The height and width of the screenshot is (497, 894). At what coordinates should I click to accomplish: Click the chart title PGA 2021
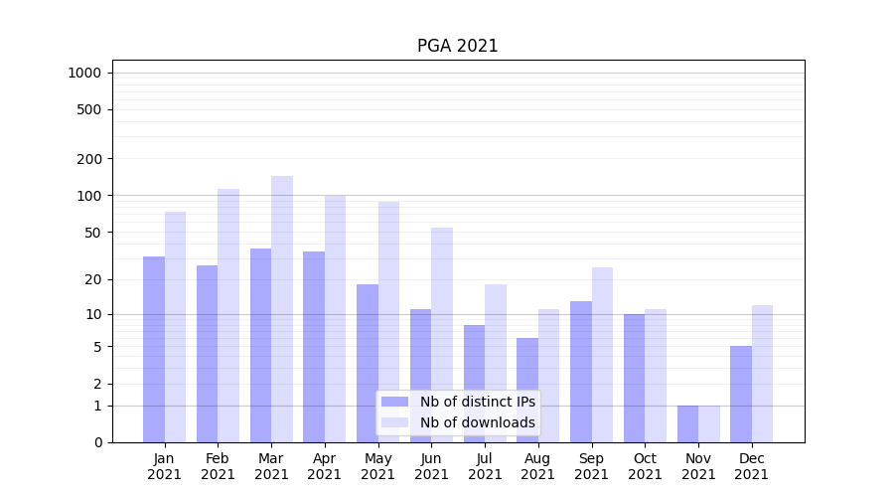tap(457, 46)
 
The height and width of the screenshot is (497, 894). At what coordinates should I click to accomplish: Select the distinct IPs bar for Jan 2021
tap(154, 349)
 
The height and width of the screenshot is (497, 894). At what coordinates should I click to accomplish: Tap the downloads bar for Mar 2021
tap(282, 309)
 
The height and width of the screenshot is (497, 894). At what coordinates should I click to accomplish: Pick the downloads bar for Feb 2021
tap(228, 315)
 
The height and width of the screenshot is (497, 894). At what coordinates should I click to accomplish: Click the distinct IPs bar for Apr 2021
tap(314, 347)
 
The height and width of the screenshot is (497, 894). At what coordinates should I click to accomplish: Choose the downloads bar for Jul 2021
tap(496, 363)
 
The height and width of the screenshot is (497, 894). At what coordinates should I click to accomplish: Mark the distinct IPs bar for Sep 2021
tap(581, 372)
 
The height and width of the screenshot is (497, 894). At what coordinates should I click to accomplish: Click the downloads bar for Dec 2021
tap(762, 374)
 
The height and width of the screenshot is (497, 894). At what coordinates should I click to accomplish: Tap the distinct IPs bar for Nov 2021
tap(687, 423)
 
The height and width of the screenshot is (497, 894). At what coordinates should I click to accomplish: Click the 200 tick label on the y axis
tap(90, 159)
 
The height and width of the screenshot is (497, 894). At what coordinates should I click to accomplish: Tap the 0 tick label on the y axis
tap(97, 442)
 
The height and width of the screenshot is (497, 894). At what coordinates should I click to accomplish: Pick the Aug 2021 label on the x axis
tap(538, 466)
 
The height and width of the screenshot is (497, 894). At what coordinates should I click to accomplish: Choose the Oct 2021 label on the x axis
tap(645, 466)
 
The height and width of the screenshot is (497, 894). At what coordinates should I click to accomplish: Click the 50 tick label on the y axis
tap(93, 233)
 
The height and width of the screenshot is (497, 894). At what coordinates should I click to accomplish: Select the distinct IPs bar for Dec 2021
tap(741, 394)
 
